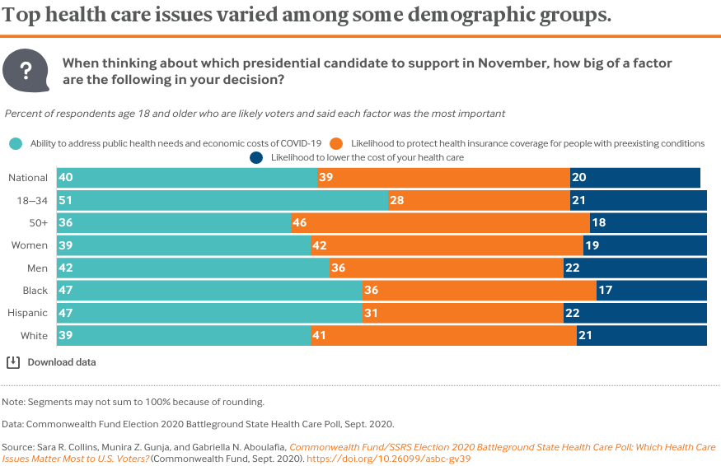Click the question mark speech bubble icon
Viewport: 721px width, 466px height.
[x=26, y=70]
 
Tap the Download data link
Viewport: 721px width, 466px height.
[x=62, y=362]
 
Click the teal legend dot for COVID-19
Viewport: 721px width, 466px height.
[x=16, y=143]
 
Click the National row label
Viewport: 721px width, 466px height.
[x=28, y=178]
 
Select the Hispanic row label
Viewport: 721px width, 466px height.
[x=28, y=313]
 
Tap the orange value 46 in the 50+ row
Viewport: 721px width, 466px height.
[x=301, y=223]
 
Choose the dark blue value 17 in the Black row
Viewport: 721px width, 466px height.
[x=606, y=291]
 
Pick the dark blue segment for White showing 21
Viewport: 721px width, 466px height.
[x=641, y=335]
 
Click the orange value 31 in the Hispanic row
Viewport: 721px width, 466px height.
[x=372, y=313]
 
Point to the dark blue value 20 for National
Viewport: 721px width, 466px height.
[x=580, y=178]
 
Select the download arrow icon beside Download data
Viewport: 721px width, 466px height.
[x=13, y=362]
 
